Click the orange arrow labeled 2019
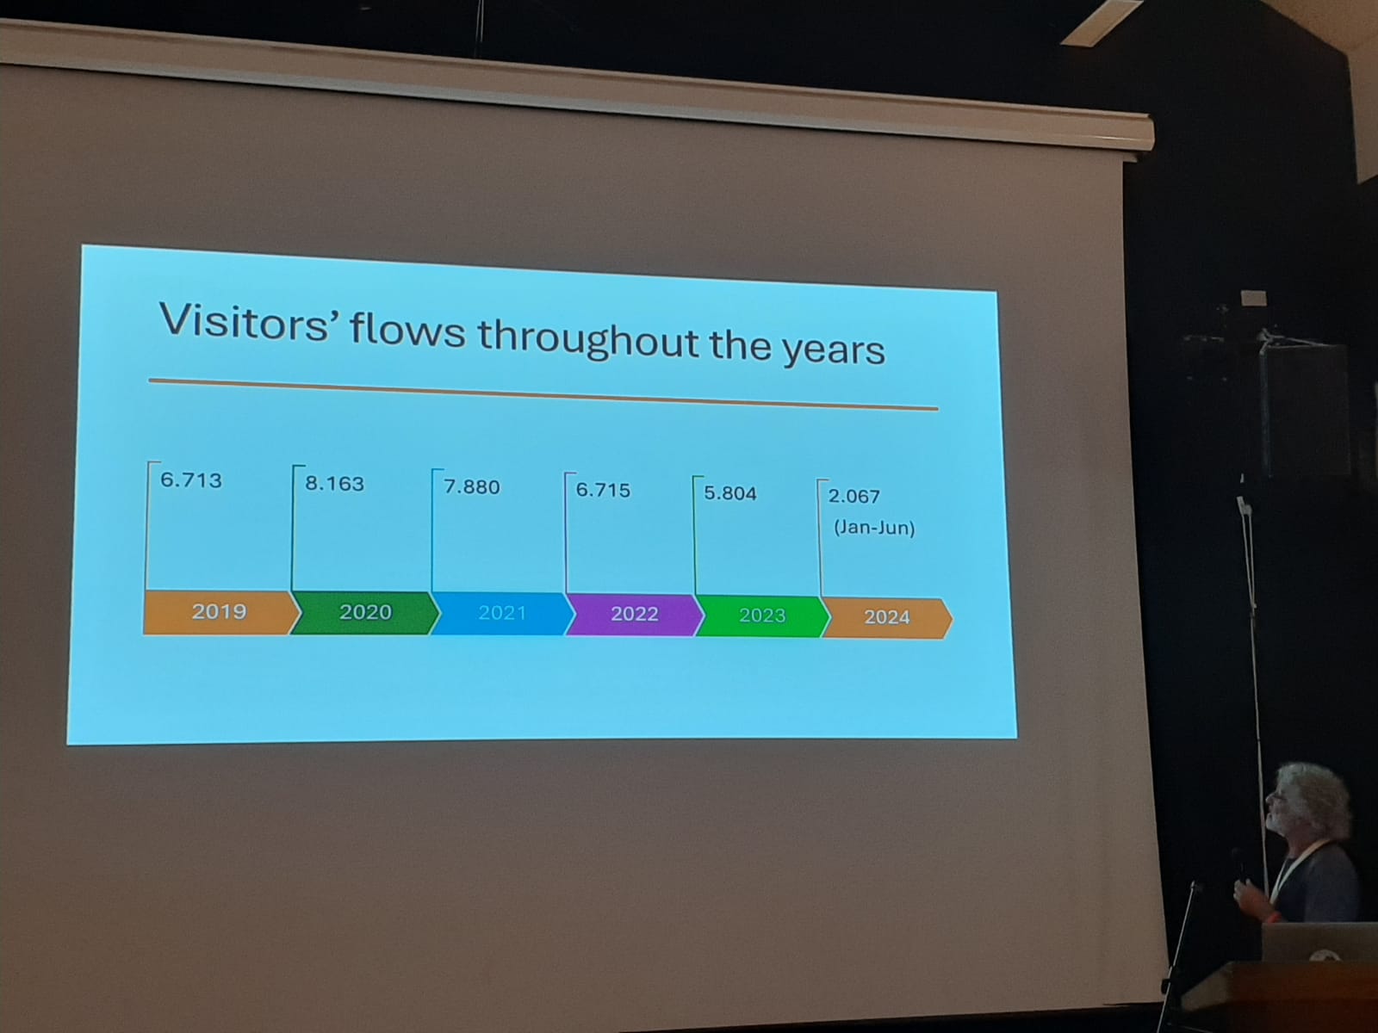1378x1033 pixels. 220,612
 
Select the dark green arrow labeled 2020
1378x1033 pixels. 364,613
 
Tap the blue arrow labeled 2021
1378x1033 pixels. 501,614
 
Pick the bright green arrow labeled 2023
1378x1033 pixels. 762,616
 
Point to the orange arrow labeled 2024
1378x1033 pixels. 886,618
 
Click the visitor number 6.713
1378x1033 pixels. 191,480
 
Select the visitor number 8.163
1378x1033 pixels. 335,484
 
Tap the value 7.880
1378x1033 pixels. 472,487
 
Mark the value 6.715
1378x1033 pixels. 603,491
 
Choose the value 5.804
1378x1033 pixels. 730,493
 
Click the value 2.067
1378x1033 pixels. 853,497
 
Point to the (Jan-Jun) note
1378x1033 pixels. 874,528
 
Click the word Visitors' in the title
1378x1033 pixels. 245,321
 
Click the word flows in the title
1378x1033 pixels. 407,330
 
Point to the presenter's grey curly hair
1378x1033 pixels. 1315,800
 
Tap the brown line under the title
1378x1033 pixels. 543,394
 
